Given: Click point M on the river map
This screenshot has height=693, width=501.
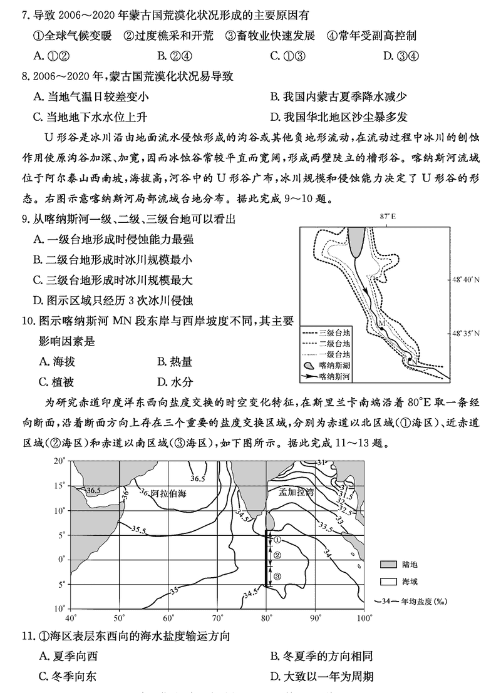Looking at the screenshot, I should click(381, 324).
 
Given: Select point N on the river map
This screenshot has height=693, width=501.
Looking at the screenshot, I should click(413, 361).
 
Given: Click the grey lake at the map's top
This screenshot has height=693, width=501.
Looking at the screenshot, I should click(358, 240).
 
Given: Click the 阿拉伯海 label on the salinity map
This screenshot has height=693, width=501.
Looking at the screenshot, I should click(169, 493).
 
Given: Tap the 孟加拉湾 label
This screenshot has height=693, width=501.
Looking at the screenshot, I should click(296, 493).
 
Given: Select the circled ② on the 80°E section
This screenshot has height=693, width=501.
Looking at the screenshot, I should click(277, 555).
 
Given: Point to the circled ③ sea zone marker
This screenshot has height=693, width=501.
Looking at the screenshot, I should click(277, 576).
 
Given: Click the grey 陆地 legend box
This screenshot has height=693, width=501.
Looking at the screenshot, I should click(390, 564).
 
